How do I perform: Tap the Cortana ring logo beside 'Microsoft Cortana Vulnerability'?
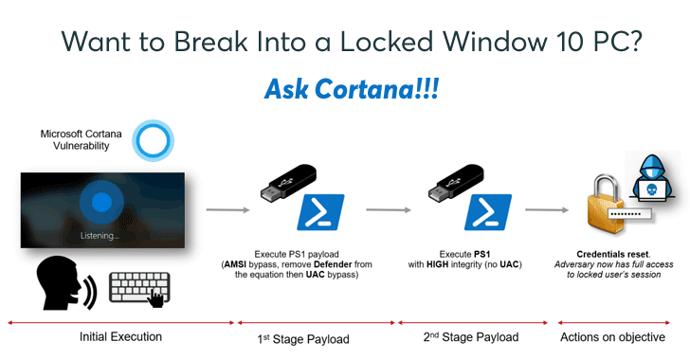pyautogui.click(x=151, y=138)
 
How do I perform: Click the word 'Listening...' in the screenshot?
pyautogui.click(x=100, y=235)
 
